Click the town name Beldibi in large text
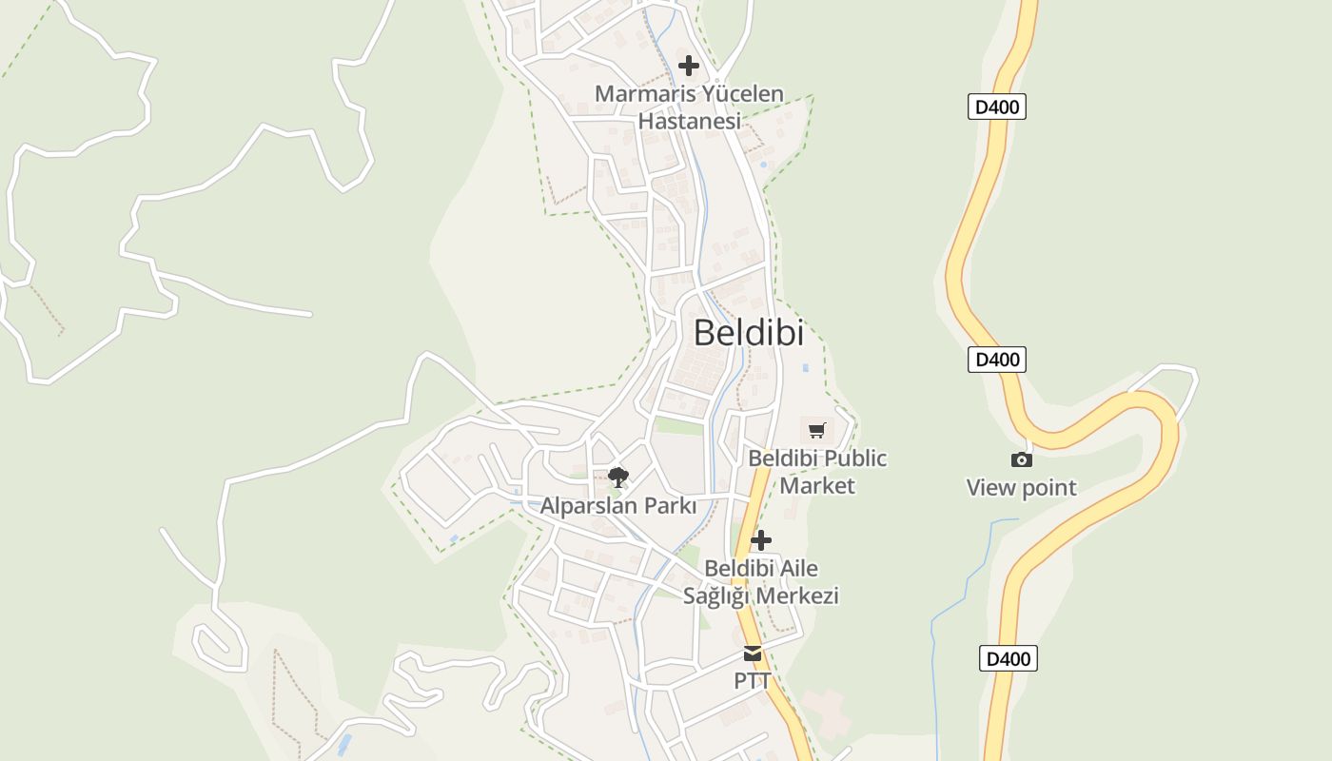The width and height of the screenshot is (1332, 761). click(748, 333)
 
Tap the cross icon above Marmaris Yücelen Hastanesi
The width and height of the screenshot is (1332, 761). click(689, 66)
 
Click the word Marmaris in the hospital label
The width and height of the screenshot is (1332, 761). click(643, 94)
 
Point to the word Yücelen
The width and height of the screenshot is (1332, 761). click(741, 94)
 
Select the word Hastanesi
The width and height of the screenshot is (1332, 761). click(689, 122)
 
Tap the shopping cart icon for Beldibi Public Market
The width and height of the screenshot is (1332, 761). click(817, 430)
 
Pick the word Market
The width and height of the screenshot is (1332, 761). click(817, 486)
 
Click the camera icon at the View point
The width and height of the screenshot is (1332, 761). click(1022, 460)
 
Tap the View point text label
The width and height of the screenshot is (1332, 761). click(1022, 488)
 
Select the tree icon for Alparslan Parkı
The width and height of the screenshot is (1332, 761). click(618, 478)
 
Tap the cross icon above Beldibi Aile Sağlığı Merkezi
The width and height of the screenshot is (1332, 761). click(761, 540)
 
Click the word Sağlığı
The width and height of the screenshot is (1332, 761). click(721, 596)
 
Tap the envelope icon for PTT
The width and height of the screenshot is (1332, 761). click(753, 654)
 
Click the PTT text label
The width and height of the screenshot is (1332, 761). click(753, 681)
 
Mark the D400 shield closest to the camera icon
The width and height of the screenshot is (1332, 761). click(996, 360)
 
